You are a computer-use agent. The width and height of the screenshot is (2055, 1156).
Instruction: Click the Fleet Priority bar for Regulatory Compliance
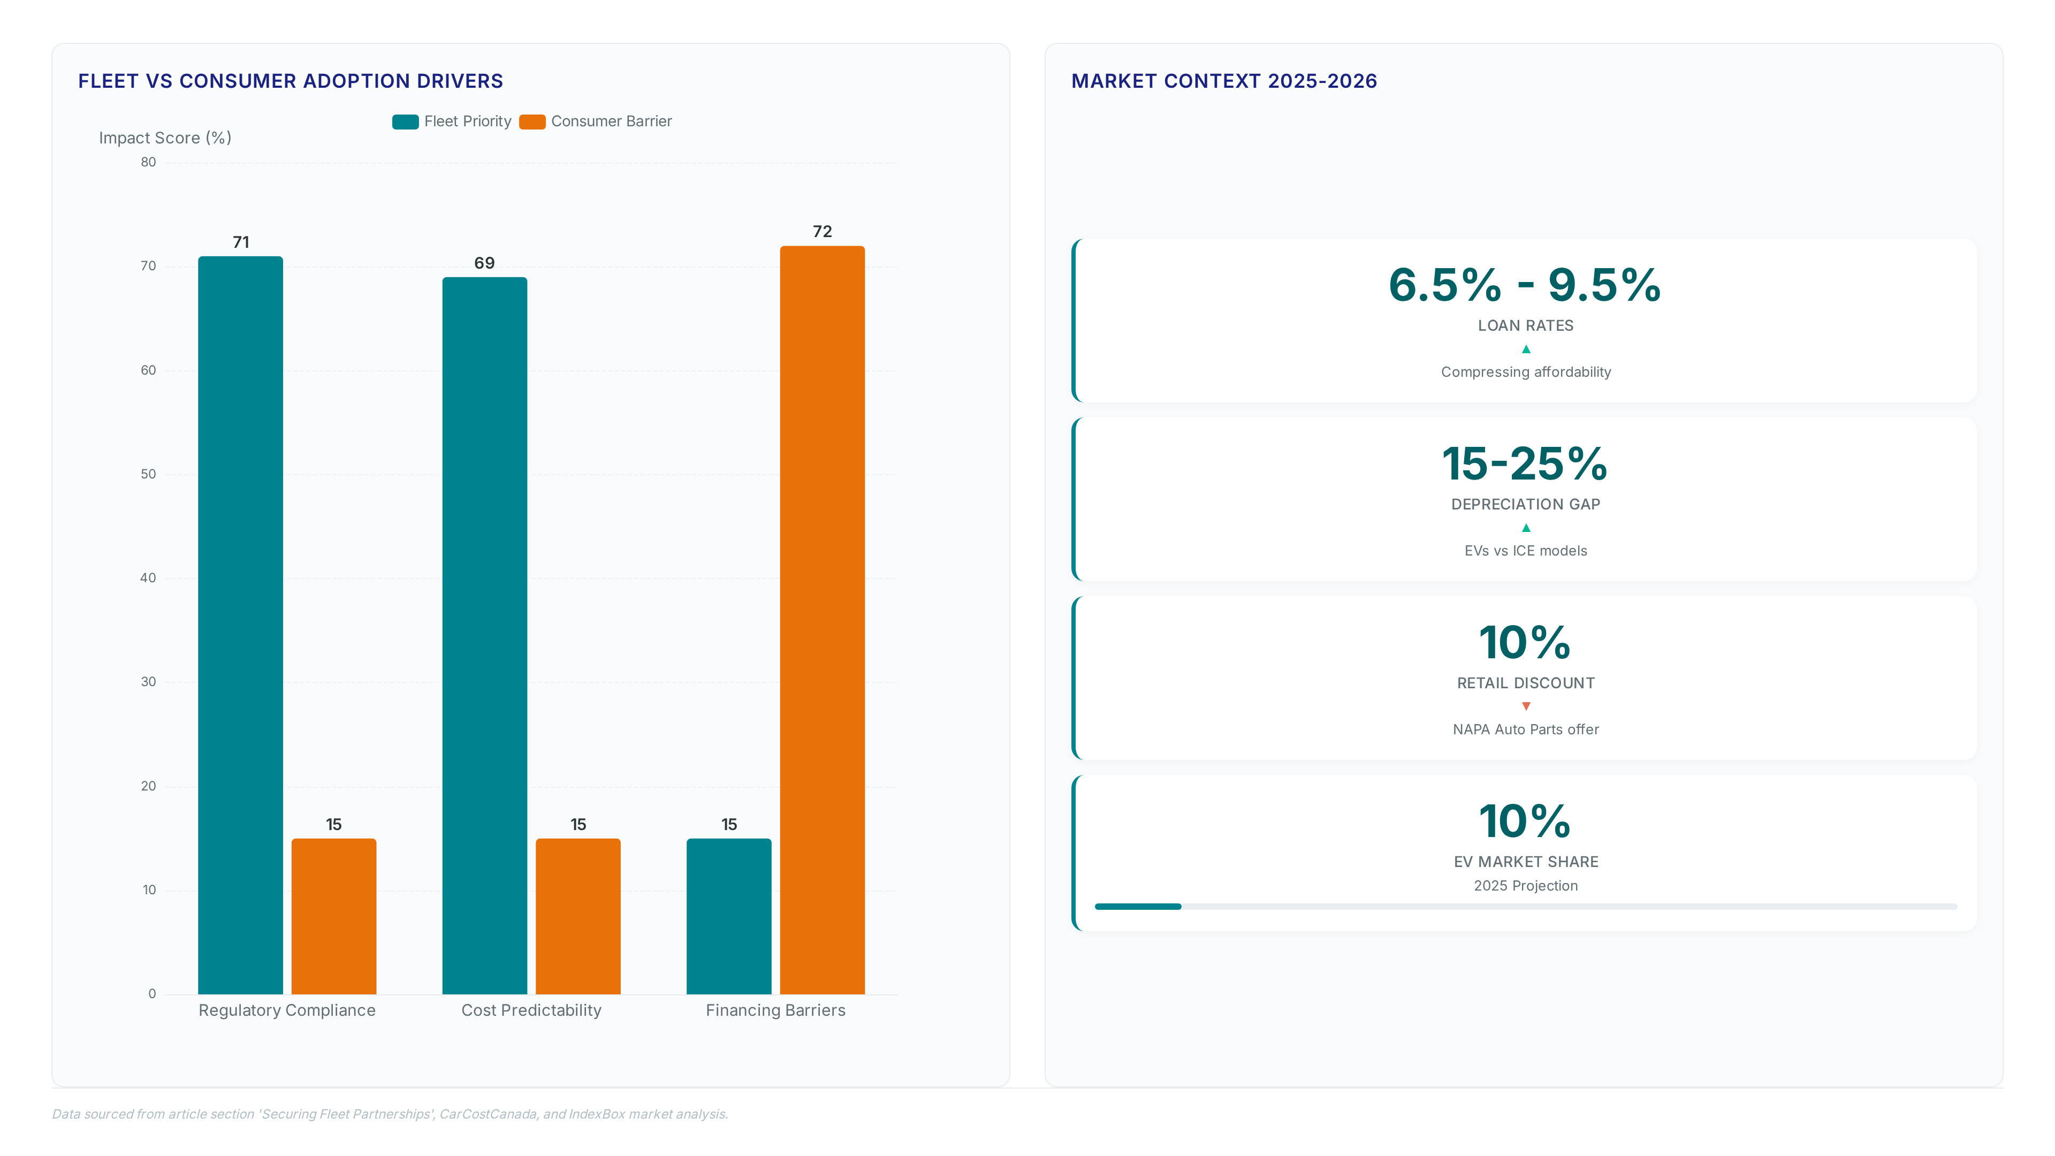[x=240, y=625]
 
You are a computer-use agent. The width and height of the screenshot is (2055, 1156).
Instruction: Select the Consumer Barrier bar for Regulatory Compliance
[x=333, y=916]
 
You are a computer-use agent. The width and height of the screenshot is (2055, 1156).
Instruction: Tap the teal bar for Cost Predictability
[x=484, y=635]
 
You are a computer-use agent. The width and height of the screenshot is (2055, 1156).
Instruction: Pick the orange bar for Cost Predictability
[x=577, y=916]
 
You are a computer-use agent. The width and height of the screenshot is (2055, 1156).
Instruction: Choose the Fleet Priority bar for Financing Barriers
[x=728, y=916]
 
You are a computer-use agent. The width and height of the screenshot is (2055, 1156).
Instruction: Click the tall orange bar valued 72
[x=821, y=620]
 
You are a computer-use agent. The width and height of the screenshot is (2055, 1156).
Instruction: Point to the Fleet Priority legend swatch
[x=405, y=121]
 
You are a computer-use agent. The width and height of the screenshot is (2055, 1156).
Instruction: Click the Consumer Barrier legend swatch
[x=532, y=121]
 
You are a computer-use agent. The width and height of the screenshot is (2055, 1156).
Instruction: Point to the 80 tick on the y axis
[x=148, y=162]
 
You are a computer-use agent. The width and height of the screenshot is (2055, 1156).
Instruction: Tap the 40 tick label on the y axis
[x=148, y=577]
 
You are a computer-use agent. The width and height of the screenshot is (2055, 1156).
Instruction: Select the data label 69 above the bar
[x=484, y=263]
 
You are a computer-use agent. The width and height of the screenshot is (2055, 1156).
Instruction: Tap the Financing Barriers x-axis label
[x=775, y=1010]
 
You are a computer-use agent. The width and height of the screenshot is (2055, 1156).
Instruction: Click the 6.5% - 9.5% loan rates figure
[x=1525, y=285]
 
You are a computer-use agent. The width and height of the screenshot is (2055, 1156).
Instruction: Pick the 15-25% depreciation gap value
[x=1525, y=463]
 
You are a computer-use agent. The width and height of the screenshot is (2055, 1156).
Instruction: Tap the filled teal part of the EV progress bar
[x=1138, y=906]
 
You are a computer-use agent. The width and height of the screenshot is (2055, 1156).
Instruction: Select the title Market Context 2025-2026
[x=1224, y=81]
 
